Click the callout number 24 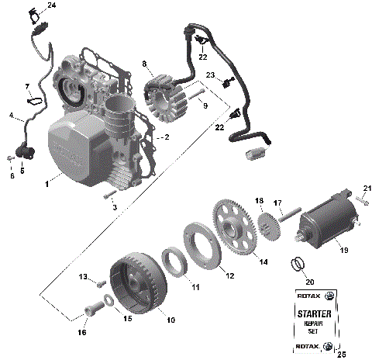51,5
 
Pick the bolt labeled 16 92,310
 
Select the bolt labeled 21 361,201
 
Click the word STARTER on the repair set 315,313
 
